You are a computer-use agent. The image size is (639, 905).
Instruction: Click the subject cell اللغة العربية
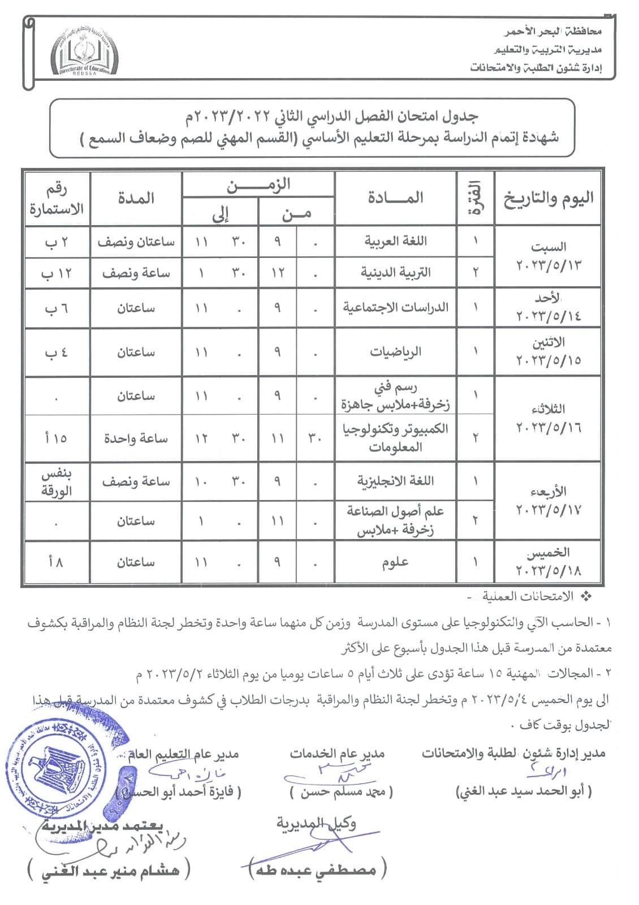(x=395, y=242)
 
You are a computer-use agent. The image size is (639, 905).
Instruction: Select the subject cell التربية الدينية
(x=395, y=273)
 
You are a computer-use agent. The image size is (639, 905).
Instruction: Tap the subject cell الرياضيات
(x=395, y=352)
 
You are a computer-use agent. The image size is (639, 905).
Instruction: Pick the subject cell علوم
(x=395, y=562)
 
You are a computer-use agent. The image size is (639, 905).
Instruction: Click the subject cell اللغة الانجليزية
(x=395, y=481)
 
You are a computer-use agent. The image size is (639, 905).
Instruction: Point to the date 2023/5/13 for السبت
(x=548, y=265)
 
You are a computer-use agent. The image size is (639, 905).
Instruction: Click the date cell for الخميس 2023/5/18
(x=548, y=561)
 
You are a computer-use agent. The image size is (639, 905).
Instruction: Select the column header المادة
(x=395, y=198)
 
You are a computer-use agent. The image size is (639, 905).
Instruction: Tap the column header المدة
(x=136, y=198)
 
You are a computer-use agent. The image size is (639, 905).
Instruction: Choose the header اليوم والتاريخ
(x=548, y=198)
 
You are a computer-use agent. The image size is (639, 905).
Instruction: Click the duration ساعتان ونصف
(x=136, y=242)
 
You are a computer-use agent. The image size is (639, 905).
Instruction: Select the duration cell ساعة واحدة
(x=136, y=438)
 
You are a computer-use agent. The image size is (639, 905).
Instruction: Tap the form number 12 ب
(x=57, y=273)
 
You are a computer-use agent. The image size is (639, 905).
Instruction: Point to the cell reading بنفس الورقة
(x=57, y=482)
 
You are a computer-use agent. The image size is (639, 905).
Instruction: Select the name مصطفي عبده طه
(x=317, y=870)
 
